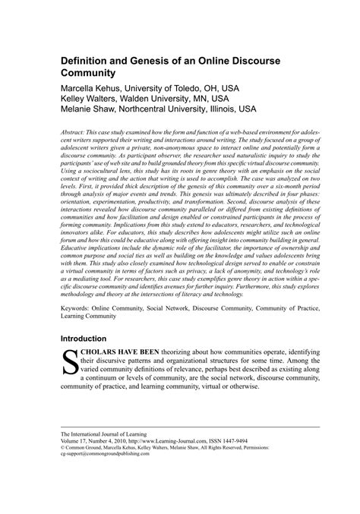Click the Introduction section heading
[x=88, y=337]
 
